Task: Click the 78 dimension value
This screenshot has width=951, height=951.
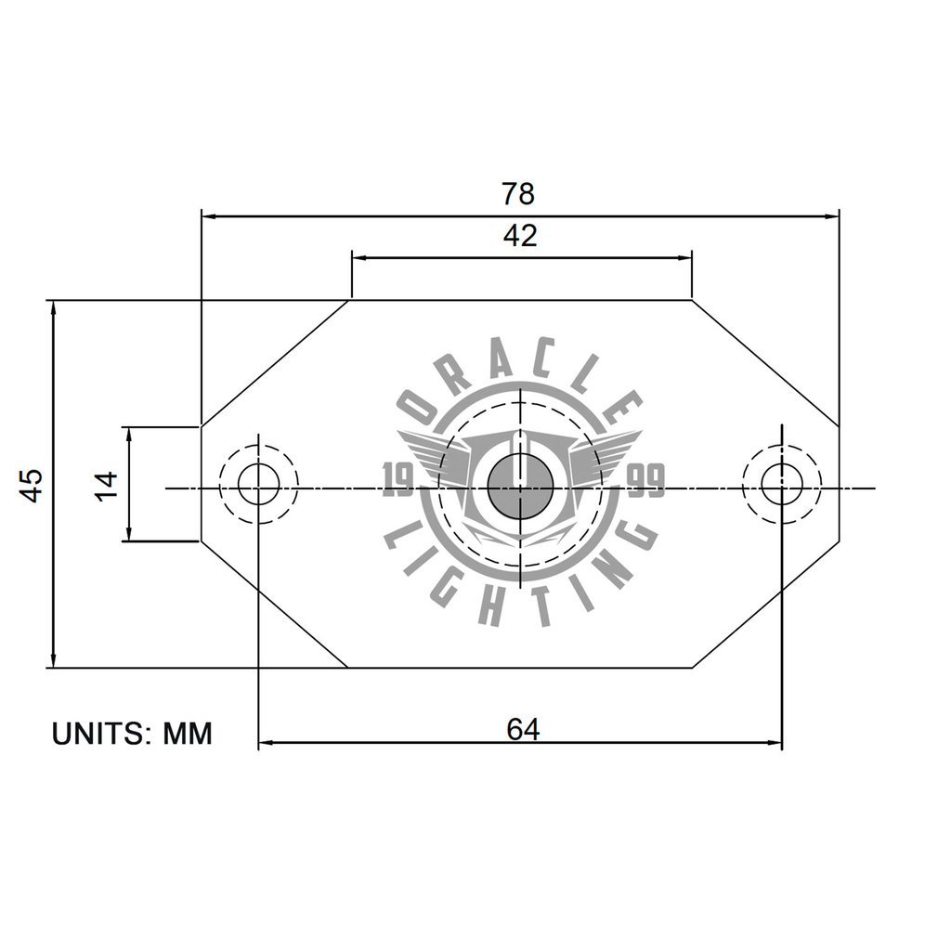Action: [x=518, y=194]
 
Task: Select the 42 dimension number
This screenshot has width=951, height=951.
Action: [x=520, y=236]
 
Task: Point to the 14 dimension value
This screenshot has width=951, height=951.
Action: [x=107, y=484]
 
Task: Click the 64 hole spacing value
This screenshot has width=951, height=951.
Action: [x=523, y=730]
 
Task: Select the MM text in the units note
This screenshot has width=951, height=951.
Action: [x=188, y=734]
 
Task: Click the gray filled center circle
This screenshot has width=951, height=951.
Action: [x=521, y=487]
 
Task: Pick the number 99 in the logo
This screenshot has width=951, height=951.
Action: [x=646, y=482]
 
